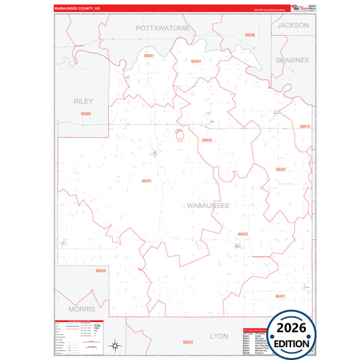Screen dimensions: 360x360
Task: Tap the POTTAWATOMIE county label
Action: [x=163, y=28]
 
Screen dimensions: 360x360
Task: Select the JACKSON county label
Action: [x=292, y=25]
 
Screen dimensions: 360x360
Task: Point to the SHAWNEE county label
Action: [x=292, y=60]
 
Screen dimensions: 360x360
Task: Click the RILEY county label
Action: [x=83, y=101]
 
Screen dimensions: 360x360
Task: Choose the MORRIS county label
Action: [x=82, y=308]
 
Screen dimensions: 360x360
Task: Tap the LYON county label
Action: [x=219, y=336]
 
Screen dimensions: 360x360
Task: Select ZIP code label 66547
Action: [x=149, y=55]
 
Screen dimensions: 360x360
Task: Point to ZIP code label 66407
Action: [x=196, y=61]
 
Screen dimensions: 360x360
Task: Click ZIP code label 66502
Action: [x=85, y=114]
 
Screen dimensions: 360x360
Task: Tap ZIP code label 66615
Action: [x=305, y=126]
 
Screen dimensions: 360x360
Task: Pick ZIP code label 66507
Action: [x=281, y=169]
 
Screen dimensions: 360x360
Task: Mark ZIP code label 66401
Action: [x=147, y=180]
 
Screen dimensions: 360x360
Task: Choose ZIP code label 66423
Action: [x=242, y=234]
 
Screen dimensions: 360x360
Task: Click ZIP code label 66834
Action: [x=101, y=270]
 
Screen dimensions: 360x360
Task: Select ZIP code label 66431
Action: [x=280, y=296]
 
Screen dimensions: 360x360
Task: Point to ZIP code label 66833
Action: [x=188, y=342]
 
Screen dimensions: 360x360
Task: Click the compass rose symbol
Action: [x=115, y=346]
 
